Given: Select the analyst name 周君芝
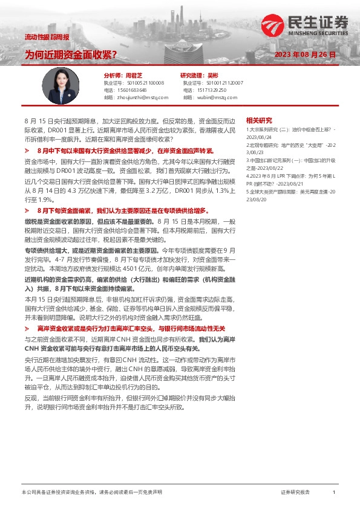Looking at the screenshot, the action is [x=134, y=75].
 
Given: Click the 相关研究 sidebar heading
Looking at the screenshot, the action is [x=259, y=120].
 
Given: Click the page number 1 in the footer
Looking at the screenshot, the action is [x=334, y=493].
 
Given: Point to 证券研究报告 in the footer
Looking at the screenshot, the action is [x=295, y=493].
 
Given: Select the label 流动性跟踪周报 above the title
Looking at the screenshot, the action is [x=47, y=37].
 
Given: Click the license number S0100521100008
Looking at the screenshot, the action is [x=143, y=82].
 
